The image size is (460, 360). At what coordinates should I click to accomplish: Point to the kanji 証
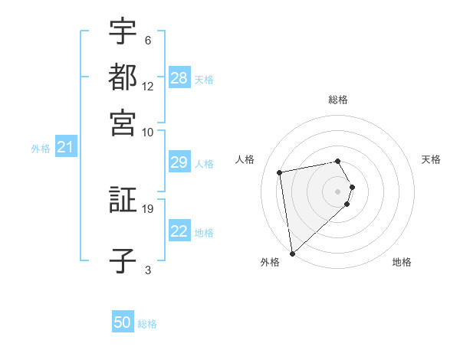tap(123, 201)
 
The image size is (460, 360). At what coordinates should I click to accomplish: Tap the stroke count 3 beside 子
tap(147, 269)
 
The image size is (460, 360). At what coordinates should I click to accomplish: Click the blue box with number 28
tap(179, 78)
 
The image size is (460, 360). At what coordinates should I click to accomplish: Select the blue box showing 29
tap(179, 162)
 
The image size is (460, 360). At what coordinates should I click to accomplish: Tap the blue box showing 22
tap(179, 232)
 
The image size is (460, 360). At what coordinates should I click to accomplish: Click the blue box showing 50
tap(123, 323)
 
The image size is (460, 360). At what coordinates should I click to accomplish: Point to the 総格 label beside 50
tap(147, 324)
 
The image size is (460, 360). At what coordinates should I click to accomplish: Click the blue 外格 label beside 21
tap(41, 149)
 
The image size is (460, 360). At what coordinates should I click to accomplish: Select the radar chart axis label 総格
tap(338, 100)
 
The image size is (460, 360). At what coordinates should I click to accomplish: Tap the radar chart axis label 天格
tap(432, 159)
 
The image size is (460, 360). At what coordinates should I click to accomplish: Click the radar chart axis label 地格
tap(402, 262)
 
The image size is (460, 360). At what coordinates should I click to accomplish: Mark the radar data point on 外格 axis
tap(292, 253)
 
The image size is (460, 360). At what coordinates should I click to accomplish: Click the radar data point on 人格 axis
tap(280, 172)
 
